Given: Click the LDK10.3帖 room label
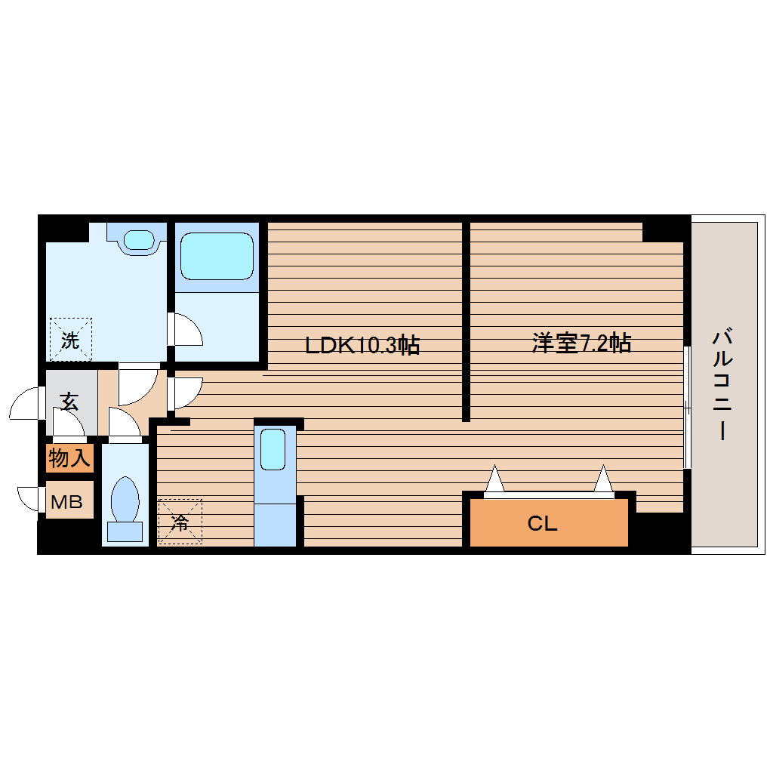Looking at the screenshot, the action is pos(362,345).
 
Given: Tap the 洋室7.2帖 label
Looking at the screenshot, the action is pos(581,343).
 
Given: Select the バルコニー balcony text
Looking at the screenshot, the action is pos(723,385).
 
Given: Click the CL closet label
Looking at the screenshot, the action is pos(542,523).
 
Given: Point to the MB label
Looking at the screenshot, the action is pos(66,501).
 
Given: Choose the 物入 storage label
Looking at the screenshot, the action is pos(69,458).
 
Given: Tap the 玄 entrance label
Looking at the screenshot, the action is pos(69,402).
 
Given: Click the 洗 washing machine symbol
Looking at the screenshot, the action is pos(71,340).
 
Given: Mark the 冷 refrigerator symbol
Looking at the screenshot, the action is pos(180,522).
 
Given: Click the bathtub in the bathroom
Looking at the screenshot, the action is pos(217,257).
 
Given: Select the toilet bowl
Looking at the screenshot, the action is pos(125,499).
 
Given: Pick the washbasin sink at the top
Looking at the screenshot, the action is pos(140,239).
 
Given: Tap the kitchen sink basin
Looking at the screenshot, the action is pos(273,449).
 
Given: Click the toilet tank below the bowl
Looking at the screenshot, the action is pos(125,532).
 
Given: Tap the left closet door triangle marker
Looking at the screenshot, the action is pos(495,479).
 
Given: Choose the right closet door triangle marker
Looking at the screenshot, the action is pos(603,479).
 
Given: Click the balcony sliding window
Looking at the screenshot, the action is pos(688,408).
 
